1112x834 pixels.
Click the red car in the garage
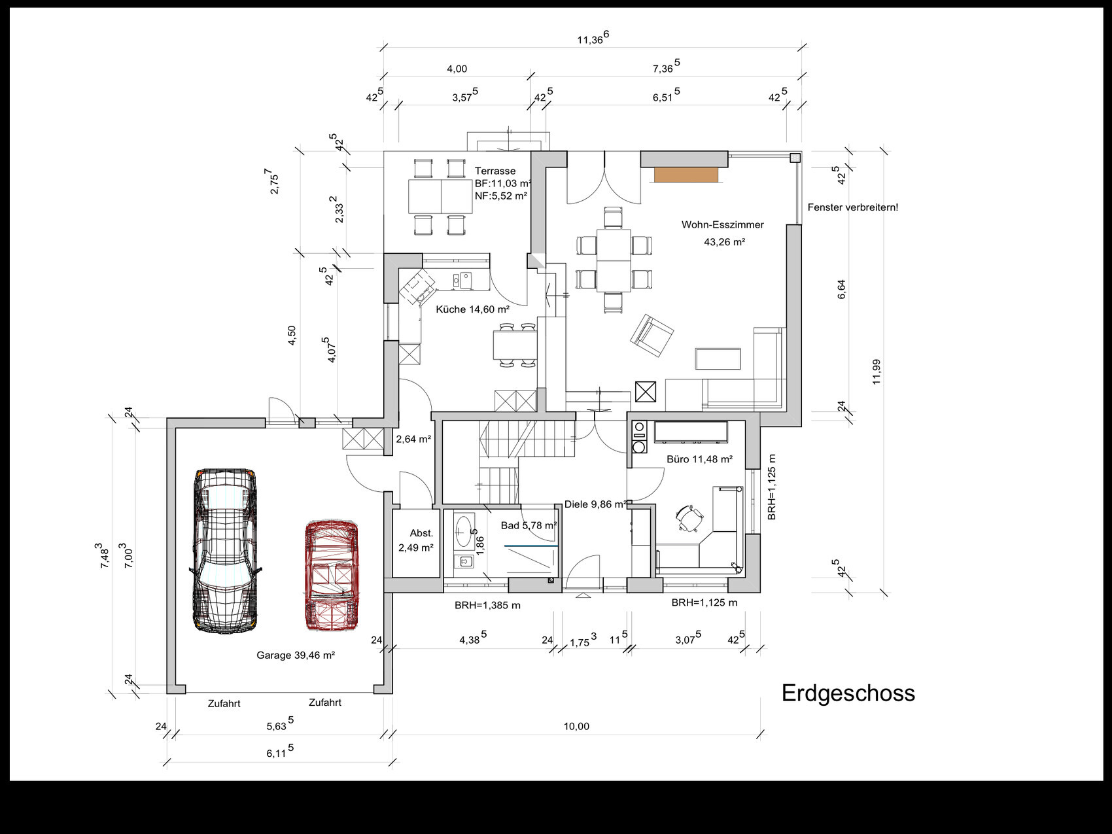click(x=331, y=575)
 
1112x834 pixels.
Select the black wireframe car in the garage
click(x=224, y=551)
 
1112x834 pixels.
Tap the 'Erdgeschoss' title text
click(x=848, y=693)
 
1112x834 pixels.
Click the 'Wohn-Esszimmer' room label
click(x=722, y=224)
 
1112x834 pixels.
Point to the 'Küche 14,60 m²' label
click(x=472, y=309)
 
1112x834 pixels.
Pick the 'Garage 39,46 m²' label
click(x=296, y=655)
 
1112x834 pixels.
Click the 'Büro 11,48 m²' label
click(x=699, y=459)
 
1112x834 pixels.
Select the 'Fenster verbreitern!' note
click(x=853, y=207)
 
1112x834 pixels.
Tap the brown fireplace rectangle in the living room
click(x=686, y=174)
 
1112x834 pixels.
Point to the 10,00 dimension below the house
click(x=576, y=726)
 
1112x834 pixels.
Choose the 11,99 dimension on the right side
click(x=877, y=372)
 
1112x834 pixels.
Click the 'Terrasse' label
click(x=495, y=171)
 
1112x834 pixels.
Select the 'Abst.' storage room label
click(x=421, y=533)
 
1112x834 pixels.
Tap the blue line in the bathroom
click(x=530, y=546)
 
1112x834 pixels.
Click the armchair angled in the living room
click(x=652, y=335)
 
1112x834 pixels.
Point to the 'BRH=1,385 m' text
click(x=487, y=605)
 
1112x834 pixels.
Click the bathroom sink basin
click(x=465, y=531)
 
